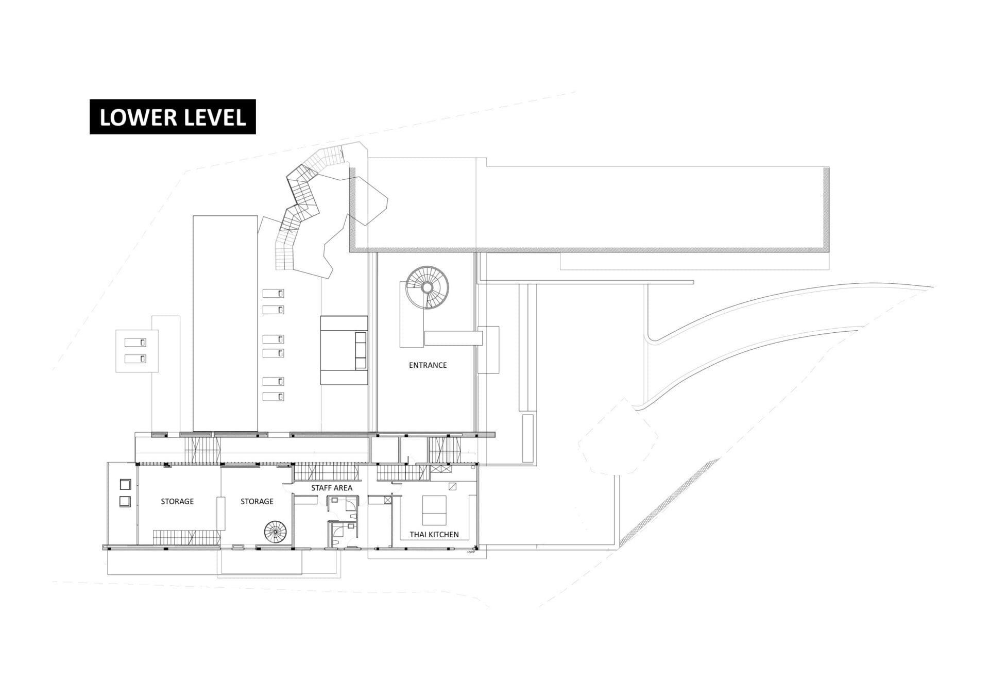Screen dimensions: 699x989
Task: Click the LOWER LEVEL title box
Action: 173,117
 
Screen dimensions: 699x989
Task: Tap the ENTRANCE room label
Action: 428,365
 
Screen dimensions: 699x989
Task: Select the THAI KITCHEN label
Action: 434,535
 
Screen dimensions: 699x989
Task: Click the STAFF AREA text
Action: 332,488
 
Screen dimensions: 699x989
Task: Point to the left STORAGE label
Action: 177,501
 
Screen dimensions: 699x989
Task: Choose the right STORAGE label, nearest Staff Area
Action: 257,501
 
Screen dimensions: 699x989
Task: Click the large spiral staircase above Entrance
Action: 427,287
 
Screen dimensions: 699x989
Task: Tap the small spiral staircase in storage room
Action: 276,532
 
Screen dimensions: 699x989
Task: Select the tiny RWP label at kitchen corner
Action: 470,552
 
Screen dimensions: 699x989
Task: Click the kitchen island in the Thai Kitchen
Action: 434,510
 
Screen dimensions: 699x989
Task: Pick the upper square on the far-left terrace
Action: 125,484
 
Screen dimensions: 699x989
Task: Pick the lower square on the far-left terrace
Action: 125,501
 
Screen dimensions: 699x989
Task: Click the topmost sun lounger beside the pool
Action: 273,293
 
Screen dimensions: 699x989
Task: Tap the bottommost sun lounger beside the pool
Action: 273,397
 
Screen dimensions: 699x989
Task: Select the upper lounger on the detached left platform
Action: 135,343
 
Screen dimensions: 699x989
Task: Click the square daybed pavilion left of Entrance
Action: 344,350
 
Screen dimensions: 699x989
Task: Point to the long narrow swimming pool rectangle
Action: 225,323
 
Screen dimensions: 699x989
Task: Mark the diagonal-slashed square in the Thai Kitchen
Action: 452,486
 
